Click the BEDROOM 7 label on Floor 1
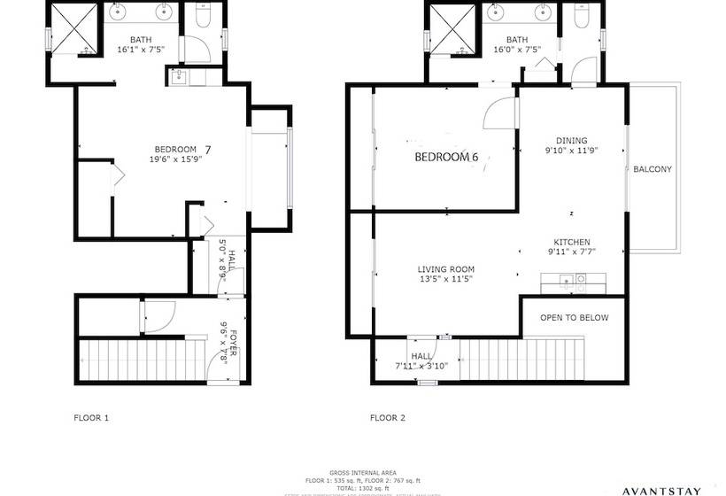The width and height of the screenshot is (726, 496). coord(176,149)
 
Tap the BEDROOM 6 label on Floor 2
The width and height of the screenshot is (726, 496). coord(446,158)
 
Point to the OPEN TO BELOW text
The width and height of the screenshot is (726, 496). coord(574,318)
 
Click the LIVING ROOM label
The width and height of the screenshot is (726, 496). coord(446,269)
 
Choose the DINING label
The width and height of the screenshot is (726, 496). coord(571,140)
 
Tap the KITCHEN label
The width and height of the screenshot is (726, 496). coord(572,243)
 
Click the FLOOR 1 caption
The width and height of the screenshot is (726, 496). coord(91,416)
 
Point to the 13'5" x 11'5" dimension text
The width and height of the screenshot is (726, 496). coord(445,280)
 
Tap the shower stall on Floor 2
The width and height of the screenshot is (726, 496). coord(452,29)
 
